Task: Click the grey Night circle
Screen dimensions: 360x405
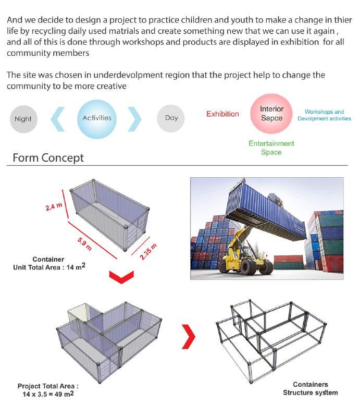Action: [23, 119]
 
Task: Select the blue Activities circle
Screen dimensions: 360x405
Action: [97, 118]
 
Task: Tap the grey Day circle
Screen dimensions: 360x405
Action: [171, 118]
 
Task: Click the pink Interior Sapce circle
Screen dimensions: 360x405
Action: [271, 114]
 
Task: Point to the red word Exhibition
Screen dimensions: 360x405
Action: [222, 114]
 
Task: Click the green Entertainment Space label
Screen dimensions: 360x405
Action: [271, 148]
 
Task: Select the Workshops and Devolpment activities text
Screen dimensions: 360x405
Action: [324, 115]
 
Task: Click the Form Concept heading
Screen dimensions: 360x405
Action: [48, 158]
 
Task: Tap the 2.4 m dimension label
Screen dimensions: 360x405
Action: [53, 206]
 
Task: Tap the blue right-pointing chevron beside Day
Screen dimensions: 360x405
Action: [134, 119]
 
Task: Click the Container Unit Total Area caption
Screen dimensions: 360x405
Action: [48, 263]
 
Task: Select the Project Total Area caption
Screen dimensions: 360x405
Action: [48, 390]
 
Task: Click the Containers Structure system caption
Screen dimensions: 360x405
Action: [310, 389]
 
